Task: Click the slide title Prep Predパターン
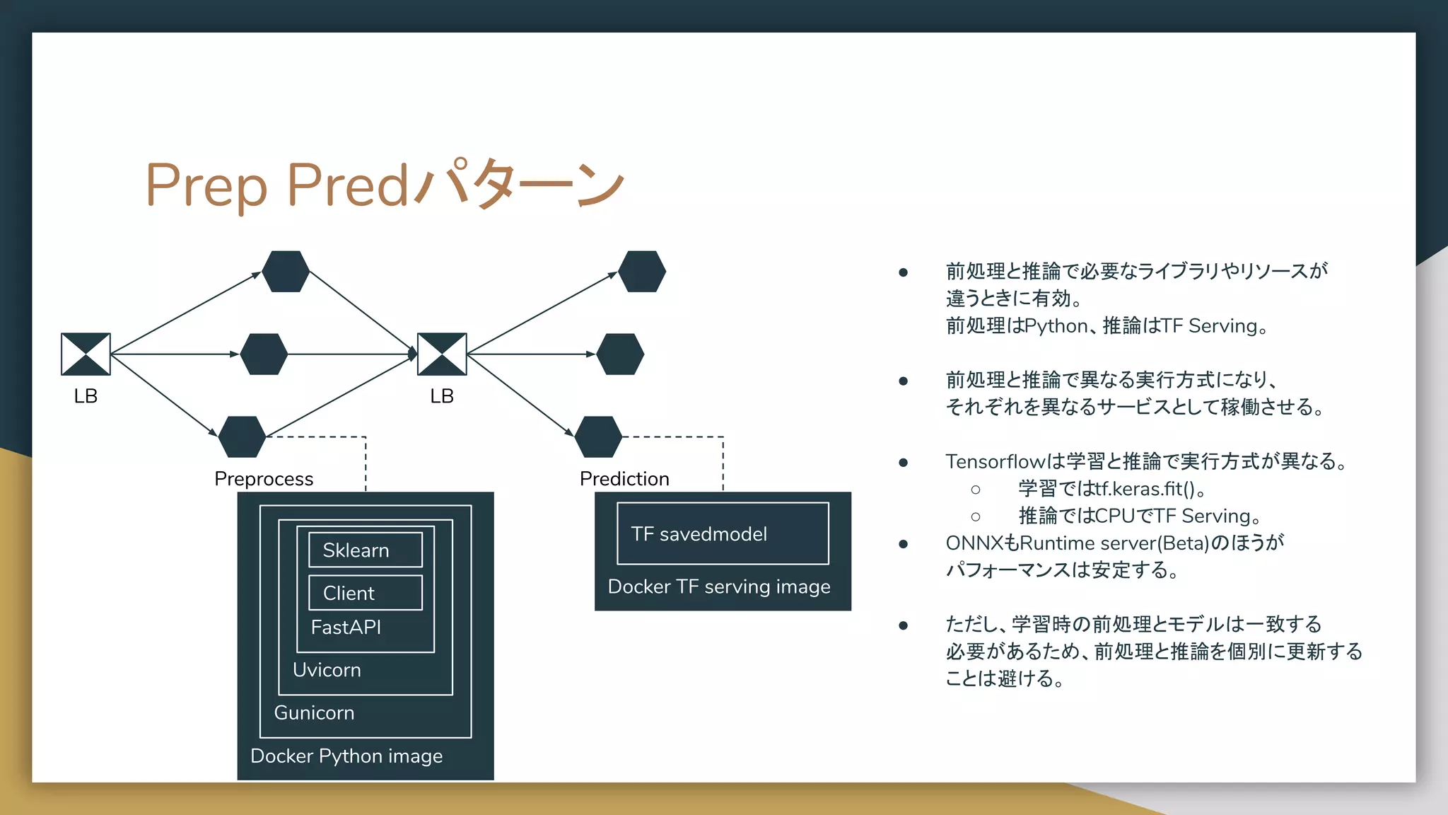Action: coord(385,185)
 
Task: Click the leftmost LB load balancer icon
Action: coord(86,354)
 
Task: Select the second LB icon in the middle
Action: coord(442,354)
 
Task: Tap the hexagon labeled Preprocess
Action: coord(243,437)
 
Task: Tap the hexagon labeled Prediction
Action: coord(599,437)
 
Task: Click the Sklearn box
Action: coord(366,550)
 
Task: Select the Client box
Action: coord(366,593)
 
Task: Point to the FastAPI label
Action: coord(346,628)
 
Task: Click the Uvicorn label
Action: coord(327,670)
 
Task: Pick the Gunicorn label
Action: coord(314,713)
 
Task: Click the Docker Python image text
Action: coord(346,756)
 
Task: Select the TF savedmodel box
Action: coord(723,534)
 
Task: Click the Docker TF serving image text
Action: coord(719,587)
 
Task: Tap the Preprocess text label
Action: coord(264,479)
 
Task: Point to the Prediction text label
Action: coord(624,479)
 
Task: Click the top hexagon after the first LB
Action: coord(286,272)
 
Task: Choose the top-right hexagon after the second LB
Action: coord(642,272)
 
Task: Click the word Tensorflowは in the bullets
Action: coord(1005,462)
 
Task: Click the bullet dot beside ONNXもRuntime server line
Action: coord(903,544)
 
